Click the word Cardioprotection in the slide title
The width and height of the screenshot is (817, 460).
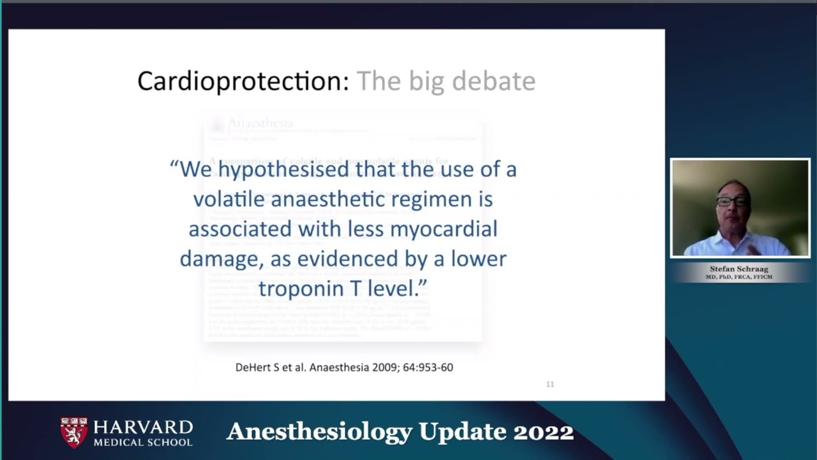pyautogui.click(x=243, y=81)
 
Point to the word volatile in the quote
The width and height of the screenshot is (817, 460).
pyautogui.click(x=229, y=199)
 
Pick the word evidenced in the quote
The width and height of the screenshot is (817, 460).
pyautogui.click(x=347, y=259)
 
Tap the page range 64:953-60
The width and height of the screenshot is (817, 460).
pyautogui.click(x=428, y=367)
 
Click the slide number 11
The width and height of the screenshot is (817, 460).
pyautogui.click(x=550, y=384)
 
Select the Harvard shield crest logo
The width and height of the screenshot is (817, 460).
pyautogui.click(x=74, y=432)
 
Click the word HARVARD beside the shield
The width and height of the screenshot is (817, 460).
pyautogui.click(x=143, y=427)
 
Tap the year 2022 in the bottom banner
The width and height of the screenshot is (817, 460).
pyautogui.click(x=543, y=432)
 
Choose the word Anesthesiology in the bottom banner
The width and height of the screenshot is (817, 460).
pyautogui.click(x=319, y=433)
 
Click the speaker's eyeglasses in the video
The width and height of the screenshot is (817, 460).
pyautogui.click(x=731, y=201)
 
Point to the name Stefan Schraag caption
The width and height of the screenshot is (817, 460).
pyautogui.click(x=739, y=269)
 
